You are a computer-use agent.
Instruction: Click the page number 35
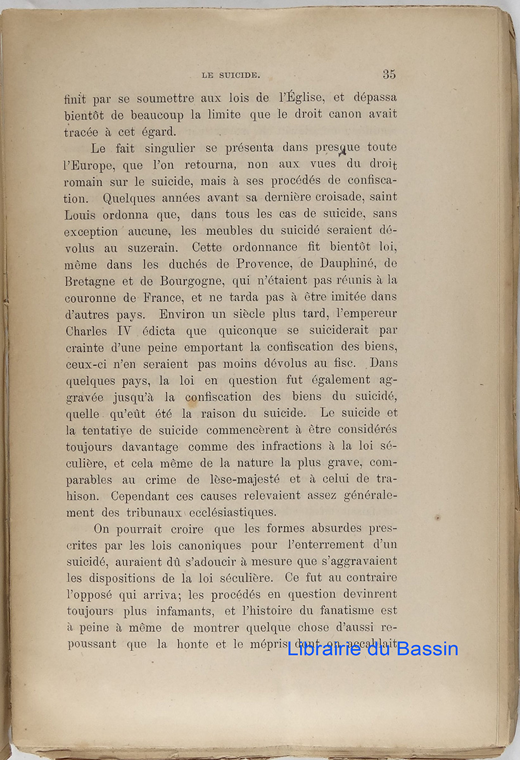pyautogui.click(x=389, y=74)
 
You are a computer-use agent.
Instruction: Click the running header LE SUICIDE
pyautogui.click(x=230, y=75)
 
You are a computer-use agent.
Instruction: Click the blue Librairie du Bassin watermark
pyautogui.click(x=372, y=649)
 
